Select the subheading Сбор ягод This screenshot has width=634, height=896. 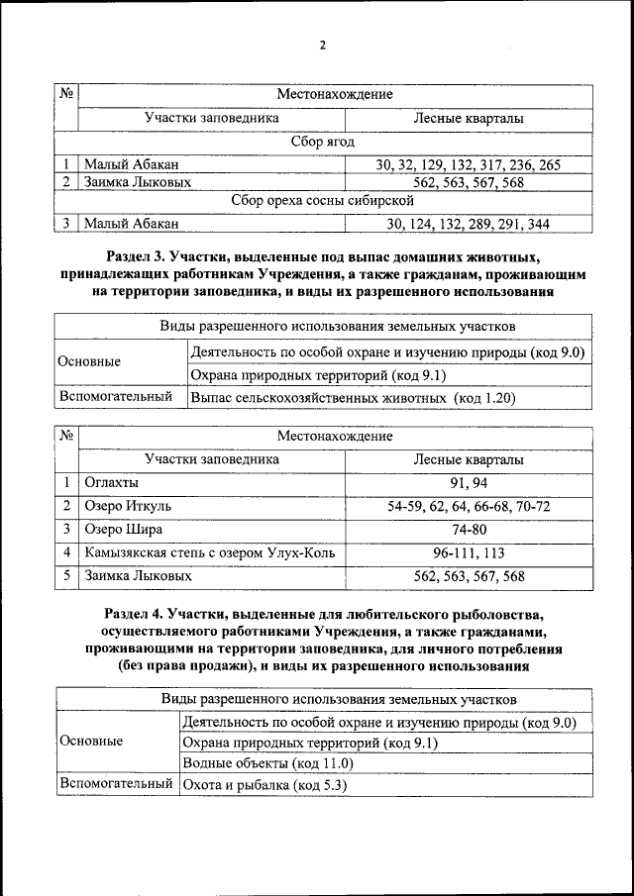pyautogui.click(x=322, y=143)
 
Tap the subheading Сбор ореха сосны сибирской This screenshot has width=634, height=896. pyautogui.click(x=322, y=203)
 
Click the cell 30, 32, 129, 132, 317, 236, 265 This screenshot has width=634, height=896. pyautogui.click(x=469, y=164)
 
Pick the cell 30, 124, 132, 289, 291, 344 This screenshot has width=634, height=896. pyautogui.click(x=469, y=224)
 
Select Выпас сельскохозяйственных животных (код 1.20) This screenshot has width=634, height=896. pyautogui.click(x=354, y=398)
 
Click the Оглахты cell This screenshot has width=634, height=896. pyautogui.click(x=111, y=482)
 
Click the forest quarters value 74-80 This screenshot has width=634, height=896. pyautogui.click(x=469, y=529)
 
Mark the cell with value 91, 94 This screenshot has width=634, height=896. pyautogui.click(x=469, y=482)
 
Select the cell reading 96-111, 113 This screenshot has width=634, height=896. pyautogui.click(x=469, y=552)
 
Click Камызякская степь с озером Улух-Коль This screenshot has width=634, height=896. pyautogui.click(x=210, y=552)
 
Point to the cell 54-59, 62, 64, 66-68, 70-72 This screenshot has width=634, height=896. pyautogui.click(x=469, y=506)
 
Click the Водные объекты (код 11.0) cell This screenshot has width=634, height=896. pyautogui.click(x=268, y=763)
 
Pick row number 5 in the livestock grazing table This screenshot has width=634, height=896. pyautogui.click(x=65, y=575)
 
